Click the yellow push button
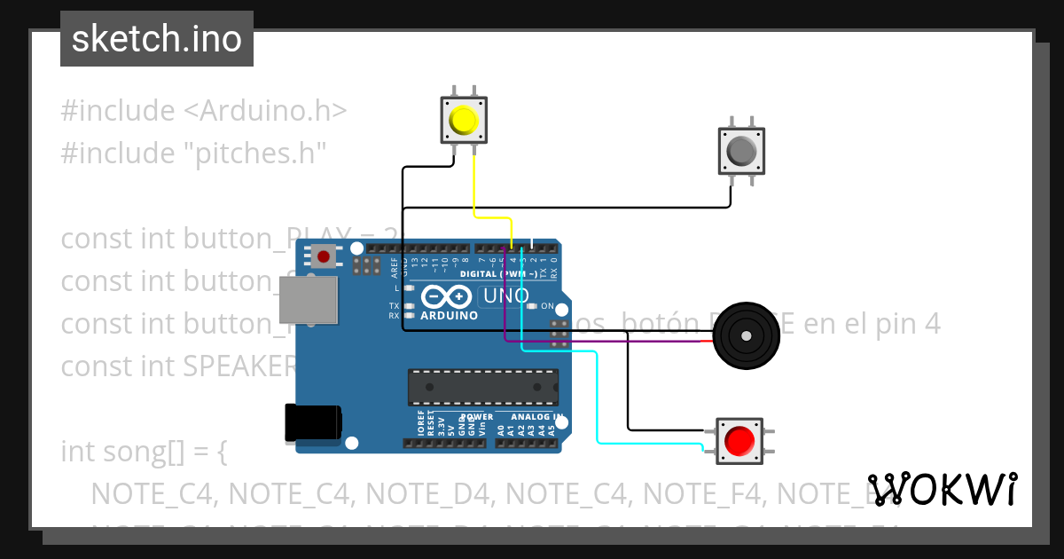[464, 121]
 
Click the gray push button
[740, 151]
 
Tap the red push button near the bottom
[739, 440]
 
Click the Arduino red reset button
[324, 257]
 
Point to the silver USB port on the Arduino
[309, 299]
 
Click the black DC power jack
[312, 423]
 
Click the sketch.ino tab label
[156, 39]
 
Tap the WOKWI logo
[942, 489]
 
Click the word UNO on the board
[504, 295]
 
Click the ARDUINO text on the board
[449, 316]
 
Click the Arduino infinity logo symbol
[448, 295]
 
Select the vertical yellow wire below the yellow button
[474, 182]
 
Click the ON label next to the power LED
[547, 306]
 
